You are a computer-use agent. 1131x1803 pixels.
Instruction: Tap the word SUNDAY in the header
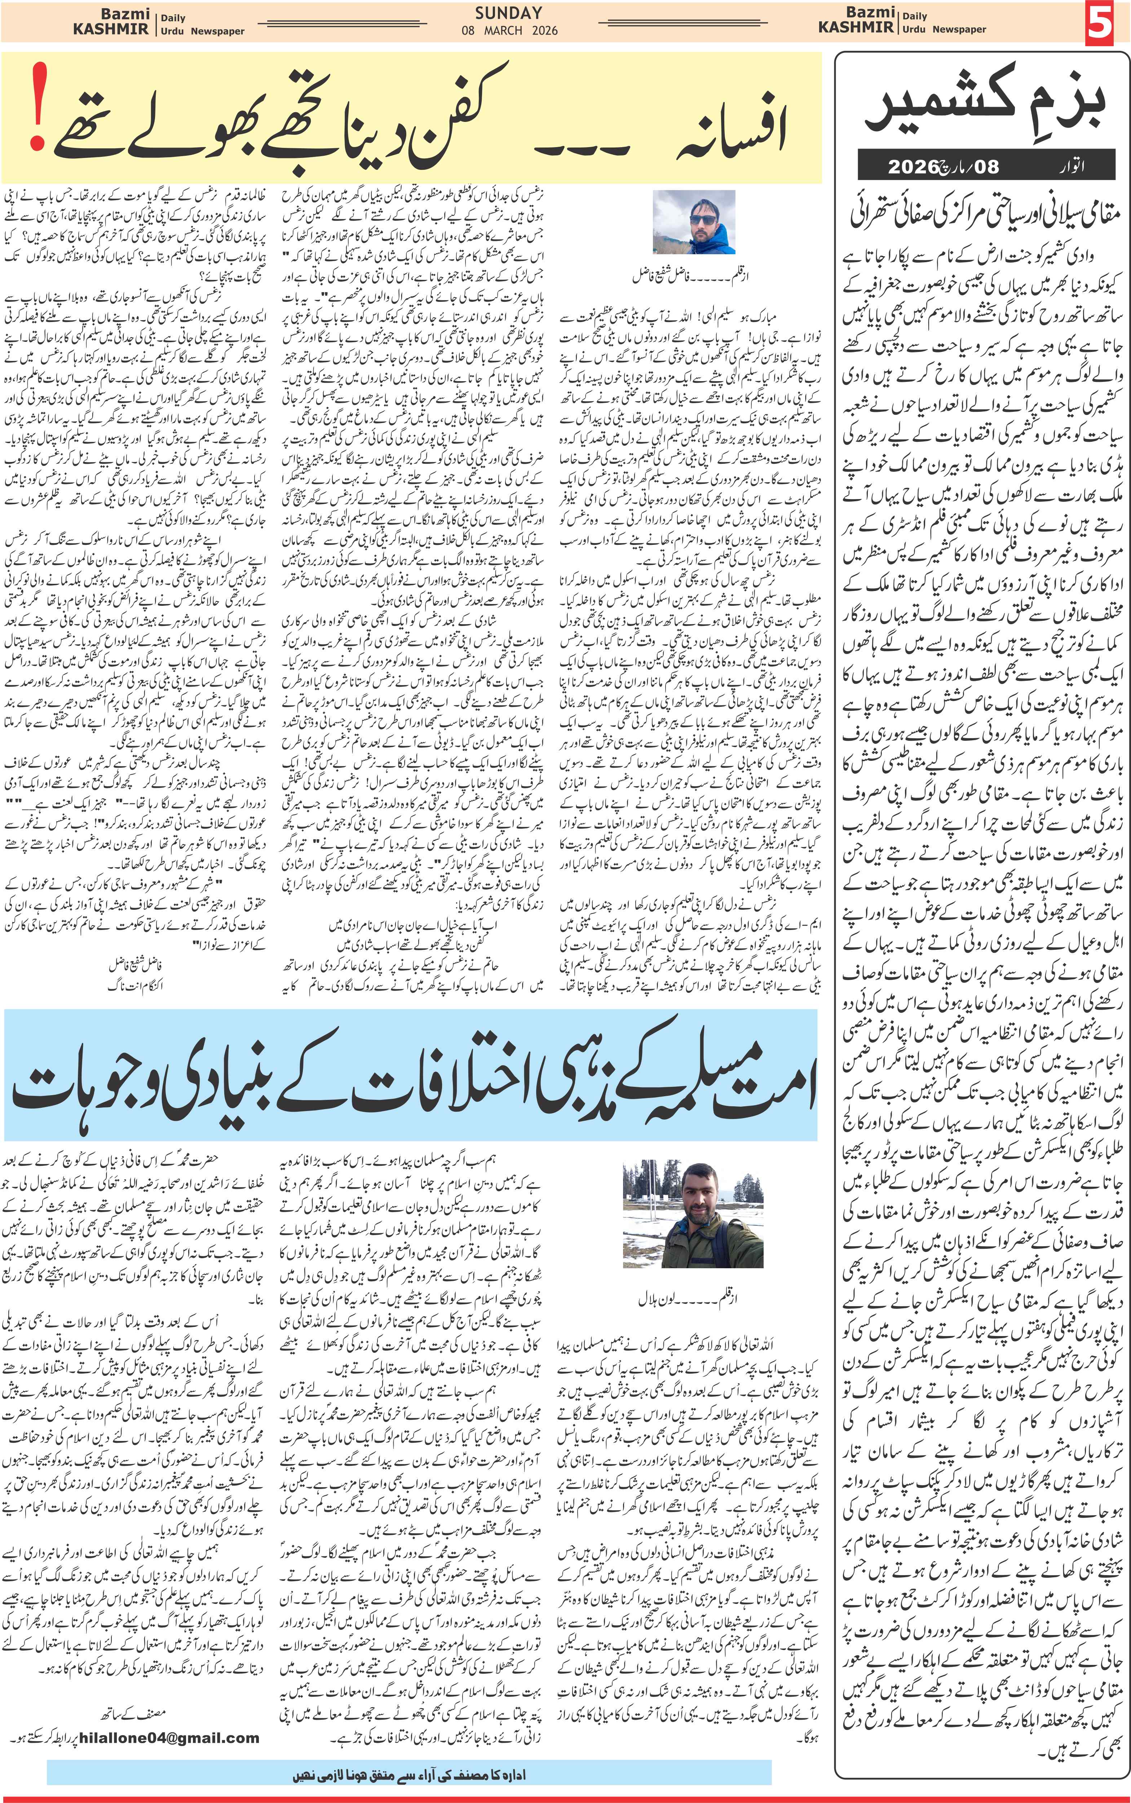coord(509,13)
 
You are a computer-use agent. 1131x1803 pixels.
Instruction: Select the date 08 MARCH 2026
coord(509,31)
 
